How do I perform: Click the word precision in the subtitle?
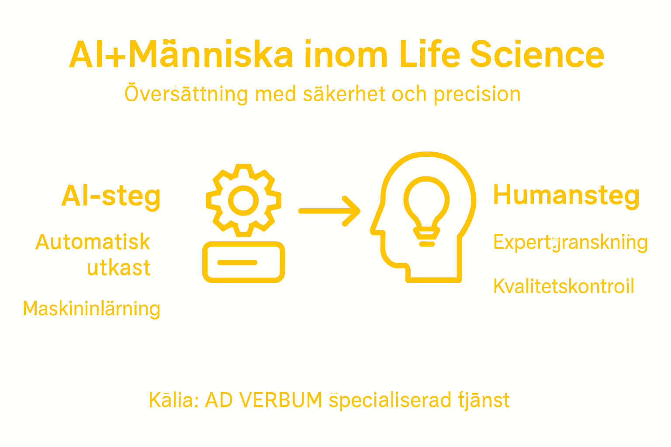(477, 95)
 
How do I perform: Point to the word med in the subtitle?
(275, 95)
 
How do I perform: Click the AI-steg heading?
(111, 196)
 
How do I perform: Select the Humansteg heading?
(566, 195)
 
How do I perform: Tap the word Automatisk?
(93, 242)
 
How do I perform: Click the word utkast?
(118, 268)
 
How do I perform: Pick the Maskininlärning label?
(91, 309)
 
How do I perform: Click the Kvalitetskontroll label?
(564, 286)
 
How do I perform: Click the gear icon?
(243, 200)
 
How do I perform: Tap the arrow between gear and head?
(329, 211)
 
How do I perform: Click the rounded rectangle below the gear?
(243, 262)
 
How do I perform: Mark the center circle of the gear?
(243, 200)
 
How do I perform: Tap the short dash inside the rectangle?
(237, 262)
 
